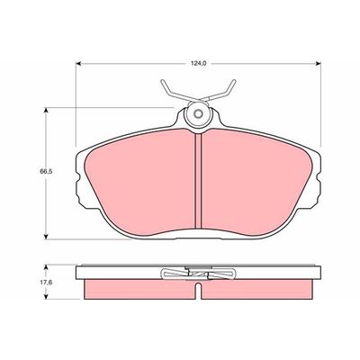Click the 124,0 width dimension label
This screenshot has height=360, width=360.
[x=199, y=63]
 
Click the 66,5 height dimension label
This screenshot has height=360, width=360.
[x=45, y=172]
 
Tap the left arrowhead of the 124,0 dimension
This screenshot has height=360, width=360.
[x=78, y=63]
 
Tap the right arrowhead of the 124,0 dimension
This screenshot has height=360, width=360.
[x=318, y=63]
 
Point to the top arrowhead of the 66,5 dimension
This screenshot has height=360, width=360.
[x=46, y=111]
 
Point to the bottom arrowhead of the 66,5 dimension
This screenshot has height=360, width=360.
[x=46, y=236]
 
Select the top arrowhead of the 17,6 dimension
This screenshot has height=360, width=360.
[x=46, y=267]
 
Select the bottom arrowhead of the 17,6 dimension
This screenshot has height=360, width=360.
[x=46, y=296]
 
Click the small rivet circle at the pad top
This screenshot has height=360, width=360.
[x=198, y=114]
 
